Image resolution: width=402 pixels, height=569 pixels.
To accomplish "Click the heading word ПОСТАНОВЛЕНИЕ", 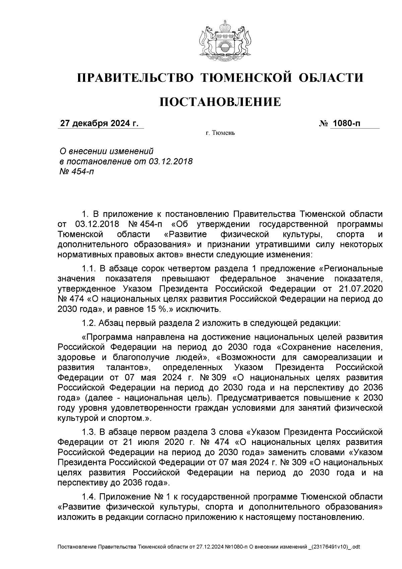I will (220, 102).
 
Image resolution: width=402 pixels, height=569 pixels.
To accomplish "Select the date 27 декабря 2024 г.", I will (99, 123).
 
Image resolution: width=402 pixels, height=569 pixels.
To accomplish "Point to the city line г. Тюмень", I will (220, 133).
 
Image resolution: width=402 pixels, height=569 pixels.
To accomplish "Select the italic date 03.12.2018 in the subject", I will (170, 161).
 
